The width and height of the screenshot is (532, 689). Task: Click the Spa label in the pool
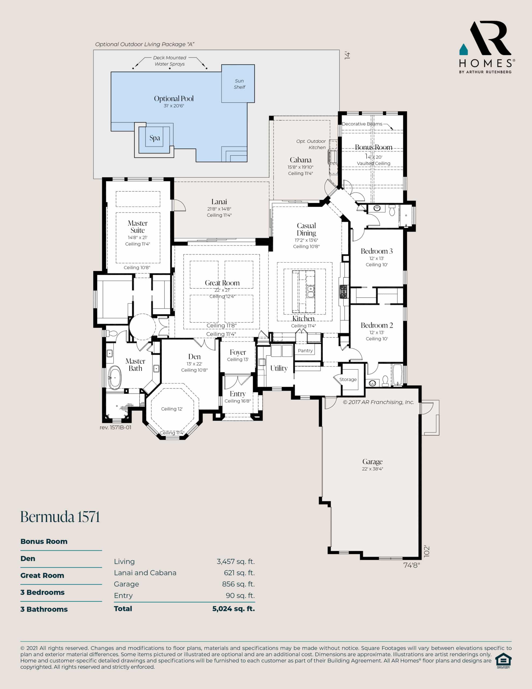click(155, 138)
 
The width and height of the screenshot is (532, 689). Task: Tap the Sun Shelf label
click(239, 84)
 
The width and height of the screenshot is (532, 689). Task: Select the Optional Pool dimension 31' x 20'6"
click(174, 106)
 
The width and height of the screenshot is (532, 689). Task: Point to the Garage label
click(373, 462)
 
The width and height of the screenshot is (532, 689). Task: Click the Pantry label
click(305, 350)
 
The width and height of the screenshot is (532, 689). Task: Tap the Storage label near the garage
click(348, 379)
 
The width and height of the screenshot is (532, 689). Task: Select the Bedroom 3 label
click(377, 251)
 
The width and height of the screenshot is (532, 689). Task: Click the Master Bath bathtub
click(115, 378)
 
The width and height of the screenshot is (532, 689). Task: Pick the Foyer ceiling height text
click(238, 359)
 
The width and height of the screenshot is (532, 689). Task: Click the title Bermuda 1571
click(60, 517)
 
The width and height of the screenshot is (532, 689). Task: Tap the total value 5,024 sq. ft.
click(233, 609)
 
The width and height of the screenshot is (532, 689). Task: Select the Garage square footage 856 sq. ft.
click(238, 584)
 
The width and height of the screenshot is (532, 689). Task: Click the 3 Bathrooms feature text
click(44, 609)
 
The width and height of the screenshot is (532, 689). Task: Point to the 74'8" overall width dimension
click(412, 565)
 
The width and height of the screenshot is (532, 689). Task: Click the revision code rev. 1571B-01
click(115, 427)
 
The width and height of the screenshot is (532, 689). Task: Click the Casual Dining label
click(306, 229)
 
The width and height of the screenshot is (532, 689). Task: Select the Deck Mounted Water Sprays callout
click(170, 61)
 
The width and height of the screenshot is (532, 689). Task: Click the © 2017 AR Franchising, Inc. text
click(378, 402)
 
